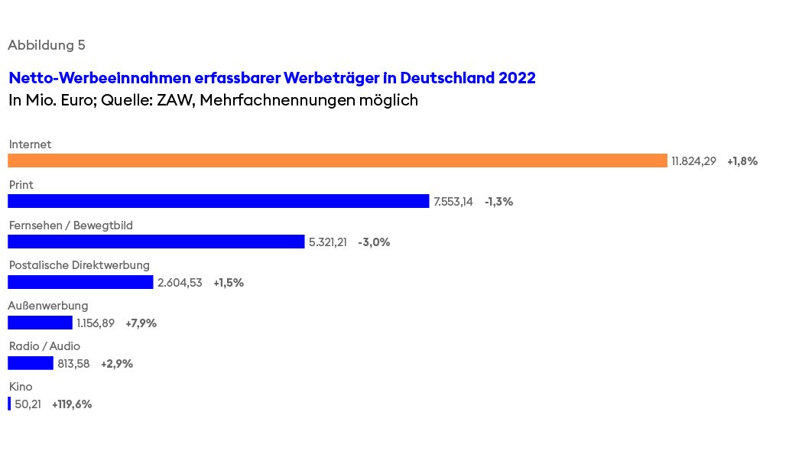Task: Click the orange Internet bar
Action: tap(337, 161)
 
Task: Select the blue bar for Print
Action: tap(218, 201)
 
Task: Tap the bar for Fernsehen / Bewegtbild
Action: tap(156, 242)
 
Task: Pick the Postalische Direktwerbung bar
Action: tap(80, 282)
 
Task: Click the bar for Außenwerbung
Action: tap(40, 323)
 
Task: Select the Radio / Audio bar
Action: tap(31, 363)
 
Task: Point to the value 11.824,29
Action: tap(693, 161)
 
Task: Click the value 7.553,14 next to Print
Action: tap(453, 202)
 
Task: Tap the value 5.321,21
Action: tap(328, 242)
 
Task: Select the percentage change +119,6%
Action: tap(72, 404)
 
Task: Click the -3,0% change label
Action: tap(374, 242)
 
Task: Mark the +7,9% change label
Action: tap(141, 323)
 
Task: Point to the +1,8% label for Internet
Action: tap(742, 161)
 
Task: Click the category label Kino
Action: tap(21, 387)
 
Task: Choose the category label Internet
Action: tap(30, 144)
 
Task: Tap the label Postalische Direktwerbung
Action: tap(79, 265)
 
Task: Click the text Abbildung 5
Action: tap(47, 45)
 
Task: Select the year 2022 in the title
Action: tap(517, 78)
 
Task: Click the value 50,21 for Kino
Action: tap(28, 404)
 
